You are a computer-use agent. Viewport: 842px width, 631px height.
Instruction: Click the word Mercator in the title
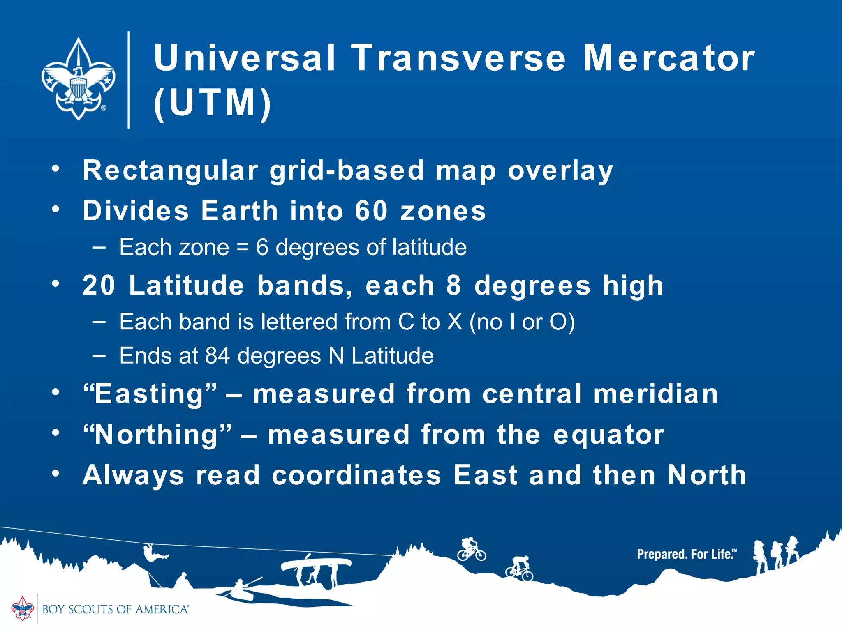click(669, 58)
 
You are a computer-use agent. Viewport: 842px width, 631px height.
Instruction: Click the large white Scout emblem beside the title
click(78, 79)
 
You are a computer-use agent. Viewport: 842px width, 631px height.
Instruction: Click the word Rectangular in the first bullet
click(171, 170)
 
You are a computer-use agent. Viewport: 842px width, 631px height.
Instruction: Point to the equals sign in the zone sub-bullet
click(243, 248)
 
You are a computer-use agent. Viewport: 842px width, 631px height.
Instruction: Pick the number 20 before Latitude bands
click(99, 285)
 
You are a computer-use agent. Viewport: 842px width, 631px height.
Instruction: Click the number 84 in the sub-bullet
click(217, 356)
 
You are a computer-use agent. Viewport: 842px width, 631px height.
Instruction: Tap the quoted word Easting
click(150, 394)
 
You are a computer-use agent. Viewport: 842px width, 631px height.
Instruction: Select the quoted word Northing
click(157, 435)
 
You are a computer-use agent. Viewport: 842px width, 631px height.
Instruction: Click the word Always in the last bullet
click(133, 475)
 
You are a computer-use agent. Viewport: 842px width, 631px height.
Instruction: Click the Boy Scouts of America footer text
click(115, 609)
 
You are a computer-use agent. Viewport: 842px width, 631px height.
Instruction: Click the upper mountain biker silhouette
click(472, 549)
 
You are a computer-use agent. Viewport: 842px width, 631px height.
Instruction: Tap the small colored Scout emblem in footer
click(22, 608)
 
